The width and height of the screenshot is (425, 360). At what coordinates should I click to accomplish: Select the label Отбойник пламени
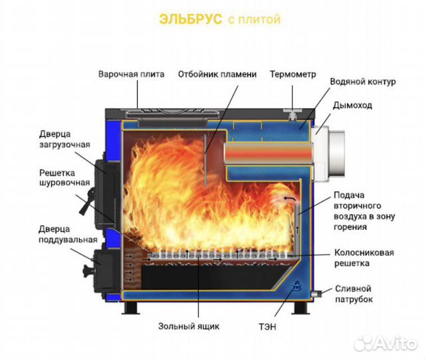tap(216, 74)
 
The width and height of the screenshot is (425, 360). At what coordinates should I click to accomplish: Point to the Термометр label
tap(292, 74)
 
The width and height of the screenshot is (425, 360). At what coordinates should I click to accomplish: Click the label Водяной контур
tap(362, 82)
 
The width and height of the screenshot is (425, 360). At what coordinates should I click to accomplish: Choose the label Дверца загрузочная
tap(64, 139)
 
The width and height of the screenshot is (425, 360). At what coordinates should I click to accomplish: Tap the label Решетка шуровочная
tap(64, 177)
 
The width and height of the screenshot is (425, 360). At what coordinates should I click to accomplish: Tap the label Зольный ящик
tap(189, 326)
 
